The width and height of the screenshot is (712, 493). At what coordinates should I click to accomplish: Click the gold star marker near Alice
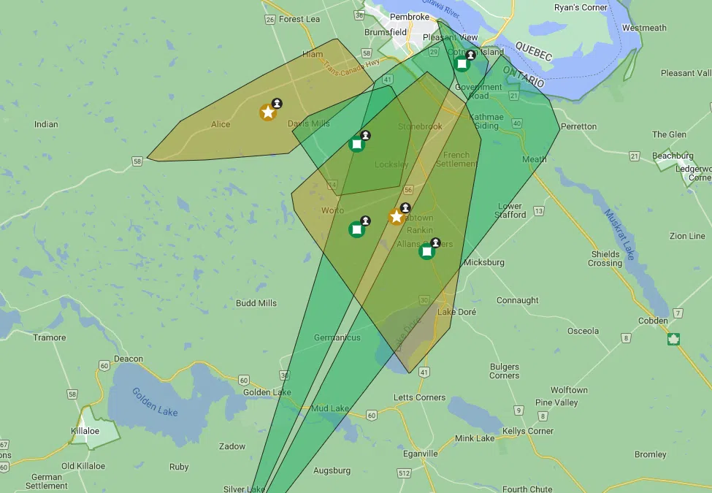pos(268,112)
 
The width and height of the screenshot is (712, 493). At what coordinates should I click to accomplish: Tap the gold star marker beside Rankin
pos(397,217)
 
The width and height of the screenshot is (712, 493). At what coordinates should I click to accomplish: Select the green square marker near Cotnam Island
pos(462,64)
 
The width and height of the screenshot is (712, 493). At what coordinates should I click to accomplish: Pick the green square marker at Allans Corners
pos(426,251)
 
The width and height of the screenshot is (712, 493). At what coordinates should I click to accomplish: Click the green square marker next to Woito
pos(357,229)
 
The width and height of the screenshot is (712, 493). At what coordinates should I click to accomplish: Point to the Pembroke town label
pos(410,16)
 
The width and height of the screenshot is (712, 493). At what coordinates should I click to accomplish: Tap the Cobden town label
pos(652,321)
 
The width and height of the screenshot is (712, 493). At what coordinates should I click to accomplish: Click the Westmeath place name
pos(644,28)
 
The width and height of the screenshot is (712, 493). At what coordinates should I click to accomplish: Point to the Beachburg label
pos(673,156)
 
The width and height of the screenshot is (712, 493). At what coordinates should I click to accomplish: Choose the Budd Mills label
pos(256,303)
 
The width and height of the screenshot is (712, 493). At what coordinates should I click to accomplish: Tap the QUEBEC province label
pos(534,50)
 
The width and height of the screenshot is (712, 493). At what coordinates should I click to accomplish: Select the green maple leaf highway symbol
pos(673,339)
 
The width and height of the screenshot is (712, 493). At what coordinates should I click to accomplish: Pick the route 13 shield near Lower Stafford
pos(539,211)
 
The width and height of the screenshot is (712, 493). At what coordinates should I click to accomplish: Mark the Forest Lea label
pos(299,19)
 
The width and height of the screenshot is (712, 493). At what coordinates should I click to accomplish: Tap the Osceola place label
pos(583,331)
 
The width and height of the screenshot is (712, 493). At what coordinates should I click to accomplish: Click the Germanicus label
pos(337,337)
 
